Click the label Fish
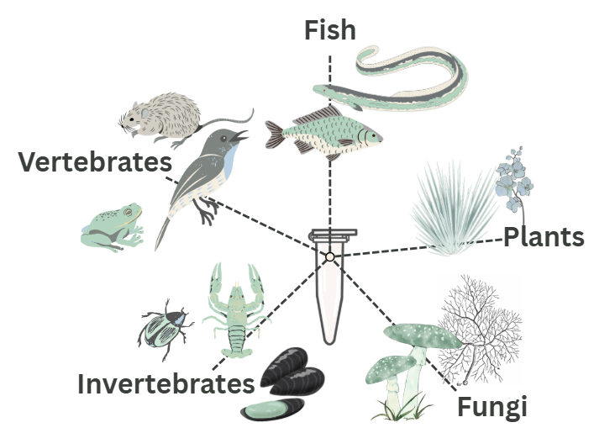pyautogui.click(x=330, y=31)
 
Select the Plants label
pyautogui.click(x=544, y=237)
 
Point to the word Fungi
pyautogui.click(x=491, y=408)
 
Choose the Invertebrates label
pyautogui.click(x=166, y=384)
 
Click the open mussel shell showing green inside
pyautogui.click(x=271, y=412)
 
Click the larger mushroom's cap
pyautogui.click(x=423, y=335)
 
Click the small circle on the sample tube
pyautogui.click(x=330, y=256)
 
